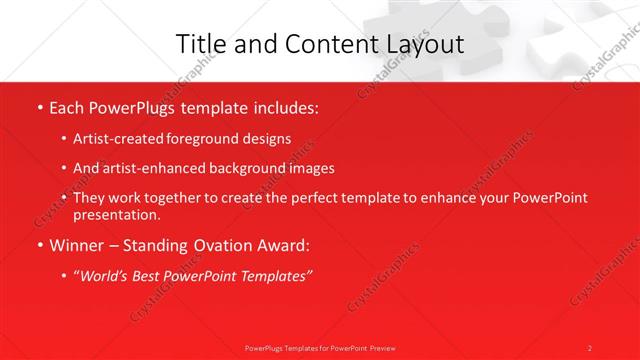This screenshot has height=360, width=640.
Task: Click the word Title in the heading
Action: point(199,44)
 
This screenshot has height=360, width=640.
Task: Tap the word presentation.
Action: point(115,214)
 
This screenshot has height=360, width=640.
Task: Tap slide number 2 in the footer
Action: point(590,348)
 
